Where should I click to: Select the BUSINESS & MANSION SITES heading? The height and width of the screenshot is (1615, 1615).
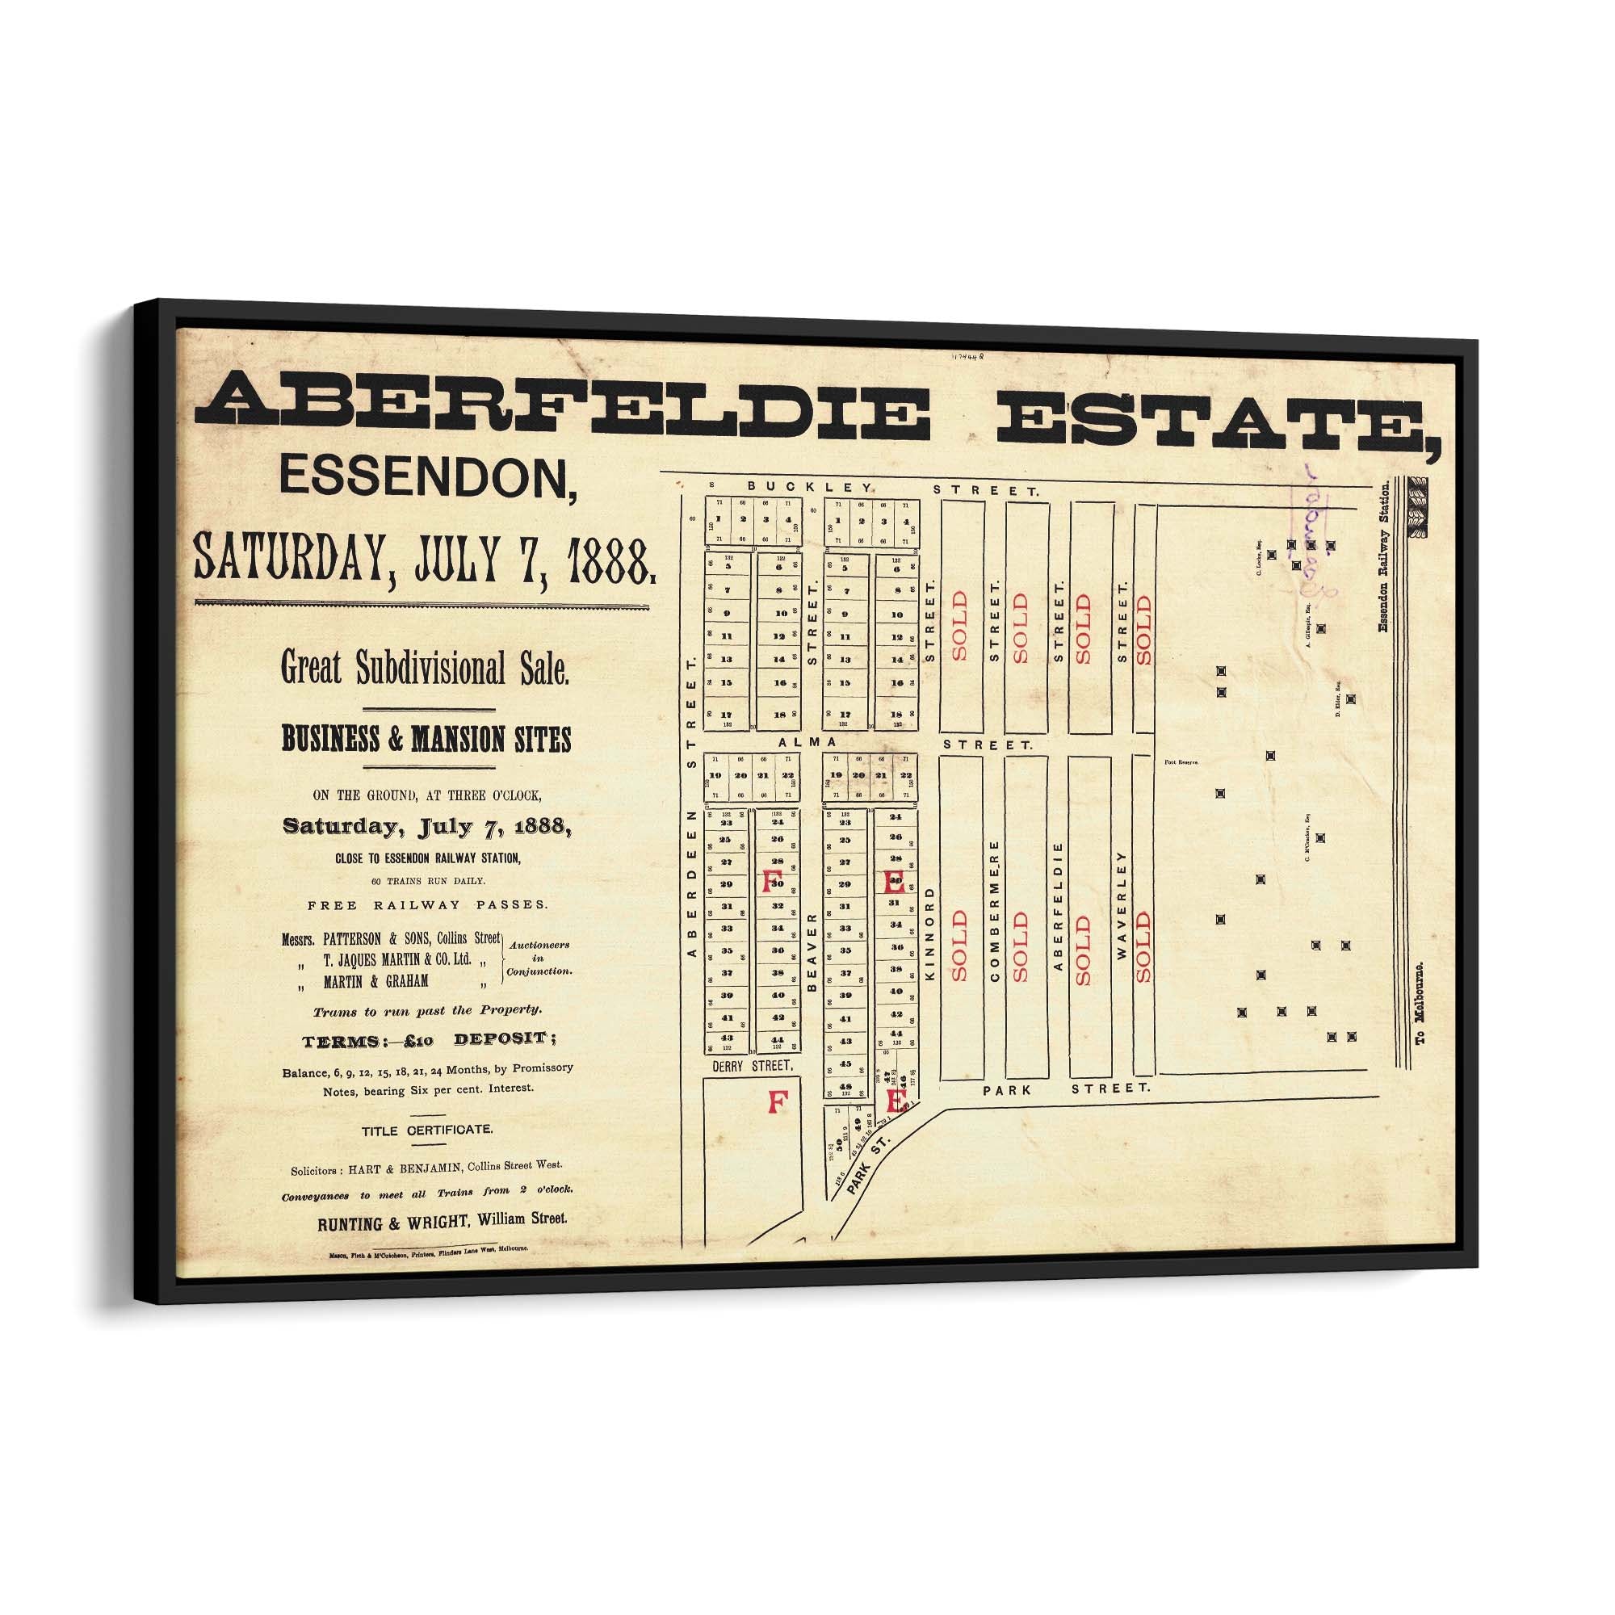(426, 740)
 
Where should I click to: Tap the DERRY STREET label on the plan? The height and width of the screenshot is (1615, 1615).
(752, 1066)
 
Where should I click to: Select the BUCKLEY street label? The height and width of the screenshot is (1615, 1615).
(810, 486)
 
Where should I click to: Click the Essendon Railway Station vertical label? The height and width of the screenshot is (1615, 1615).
(1383, 557)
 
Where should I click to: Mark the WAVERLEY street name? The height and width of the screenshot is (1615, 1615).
(1121, 905)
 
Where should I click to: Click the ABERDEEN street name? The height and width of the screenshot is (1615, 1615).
(691, 883)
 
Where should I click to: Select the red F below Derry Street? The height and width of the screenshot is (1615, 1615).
(777, 1102)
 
